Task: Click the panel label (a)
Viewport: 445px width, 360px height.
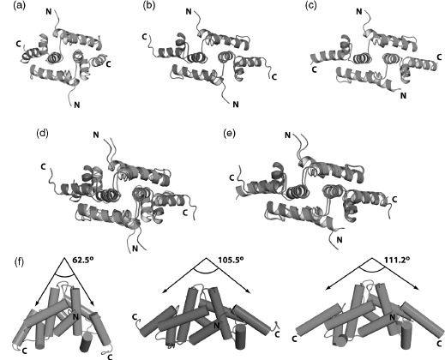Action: coord(19,6)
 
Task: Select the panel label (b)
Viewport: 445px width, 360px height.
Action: coord(148,6)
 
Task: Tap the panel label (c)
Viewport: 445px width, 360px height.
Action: coord(311,6)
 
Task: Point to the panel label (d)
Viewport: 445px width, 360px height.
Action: coord(42,133)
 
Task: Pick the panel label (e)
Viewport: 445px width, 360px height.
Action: coord(230,133)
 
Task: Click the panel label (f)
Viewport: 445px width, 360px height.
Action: coord(20,262)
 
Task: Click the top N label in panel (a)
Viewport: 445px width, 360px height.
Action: coord(49,11)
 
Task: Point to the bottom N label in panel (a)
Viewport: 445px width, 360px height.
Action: coord(76,105)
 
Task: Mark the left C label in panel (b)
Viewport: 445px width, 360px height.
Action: coord(145,37)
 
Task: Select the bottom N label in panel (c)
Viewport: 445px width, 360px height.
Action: coord(403,96)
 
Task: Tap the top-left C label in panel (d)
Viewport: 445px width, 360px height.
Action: coord(43,166)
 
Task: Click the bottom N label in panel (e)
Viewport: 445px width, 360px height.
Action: coord(340,240)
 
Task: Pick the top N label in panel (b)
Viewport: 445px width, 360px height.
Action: coord(189,11)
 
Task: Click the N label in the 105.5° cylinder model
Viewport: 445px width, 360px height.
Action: coord(217,325)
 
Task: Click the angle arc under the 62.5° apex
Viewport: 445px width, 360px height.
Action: coord(64,274)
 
